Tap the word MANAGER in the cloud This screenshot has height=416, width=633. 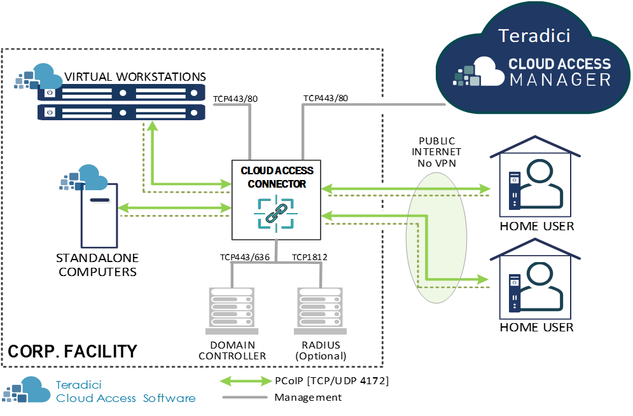(560, 80)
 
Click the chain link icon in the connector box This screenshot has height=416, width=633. (276, 212)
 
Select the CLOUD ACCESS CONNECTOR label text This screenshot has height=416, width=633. (277, 177)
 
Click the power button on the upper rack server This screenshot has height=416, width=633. (50, 93)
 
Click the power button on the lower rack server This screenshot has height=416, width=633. (50, 113)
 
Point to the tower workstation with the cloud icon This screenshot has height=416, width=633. (99, 216)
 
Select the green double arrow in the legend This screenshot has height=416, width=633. (246, 381)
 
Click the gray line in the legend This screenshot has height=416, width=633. (246, 398)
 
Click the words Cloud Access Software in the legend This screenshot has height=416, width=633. (125, 398)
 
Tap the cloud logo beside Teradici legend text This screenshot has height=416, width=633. (27, 390)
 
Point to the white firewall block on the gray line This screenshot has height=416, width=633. (384, 105)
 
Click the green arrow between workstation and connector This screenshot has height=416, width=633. (175, 207)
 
